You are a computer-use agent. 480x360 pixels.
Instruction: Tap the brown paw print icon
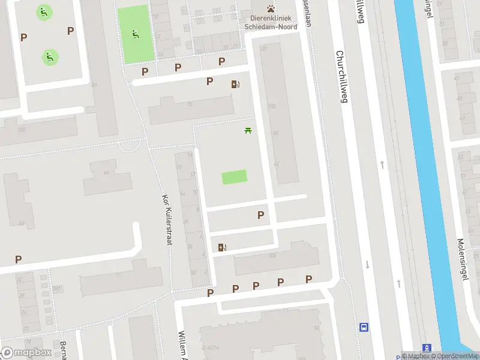pos(272,9)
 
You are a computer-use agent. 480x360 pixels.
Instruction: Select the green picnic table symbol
pos(247,130)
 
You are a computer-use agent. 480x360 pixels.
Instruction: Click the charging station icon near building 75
pos(235,85)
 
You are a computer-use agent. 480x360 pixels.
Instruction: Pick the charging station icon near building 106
pos(223,247)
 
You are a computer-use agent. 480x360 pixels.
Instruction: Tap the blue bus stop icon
pos(364,327)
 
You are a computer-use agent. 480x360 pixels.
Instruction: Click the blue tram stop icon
pos(427,348)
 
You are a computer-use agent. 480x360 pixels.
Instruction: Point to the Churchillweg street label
pos(342,76)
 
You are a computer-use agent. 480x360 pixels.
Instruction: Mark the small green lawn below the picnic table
pos(234,177)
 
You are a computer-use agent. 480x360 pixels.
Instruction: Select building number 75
pos(190,105)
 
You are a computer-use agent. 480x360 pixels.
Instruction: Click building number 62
pos(277,163)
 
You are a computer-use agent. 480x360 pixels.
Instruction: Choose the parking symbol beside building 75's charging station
pos(210,82)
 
